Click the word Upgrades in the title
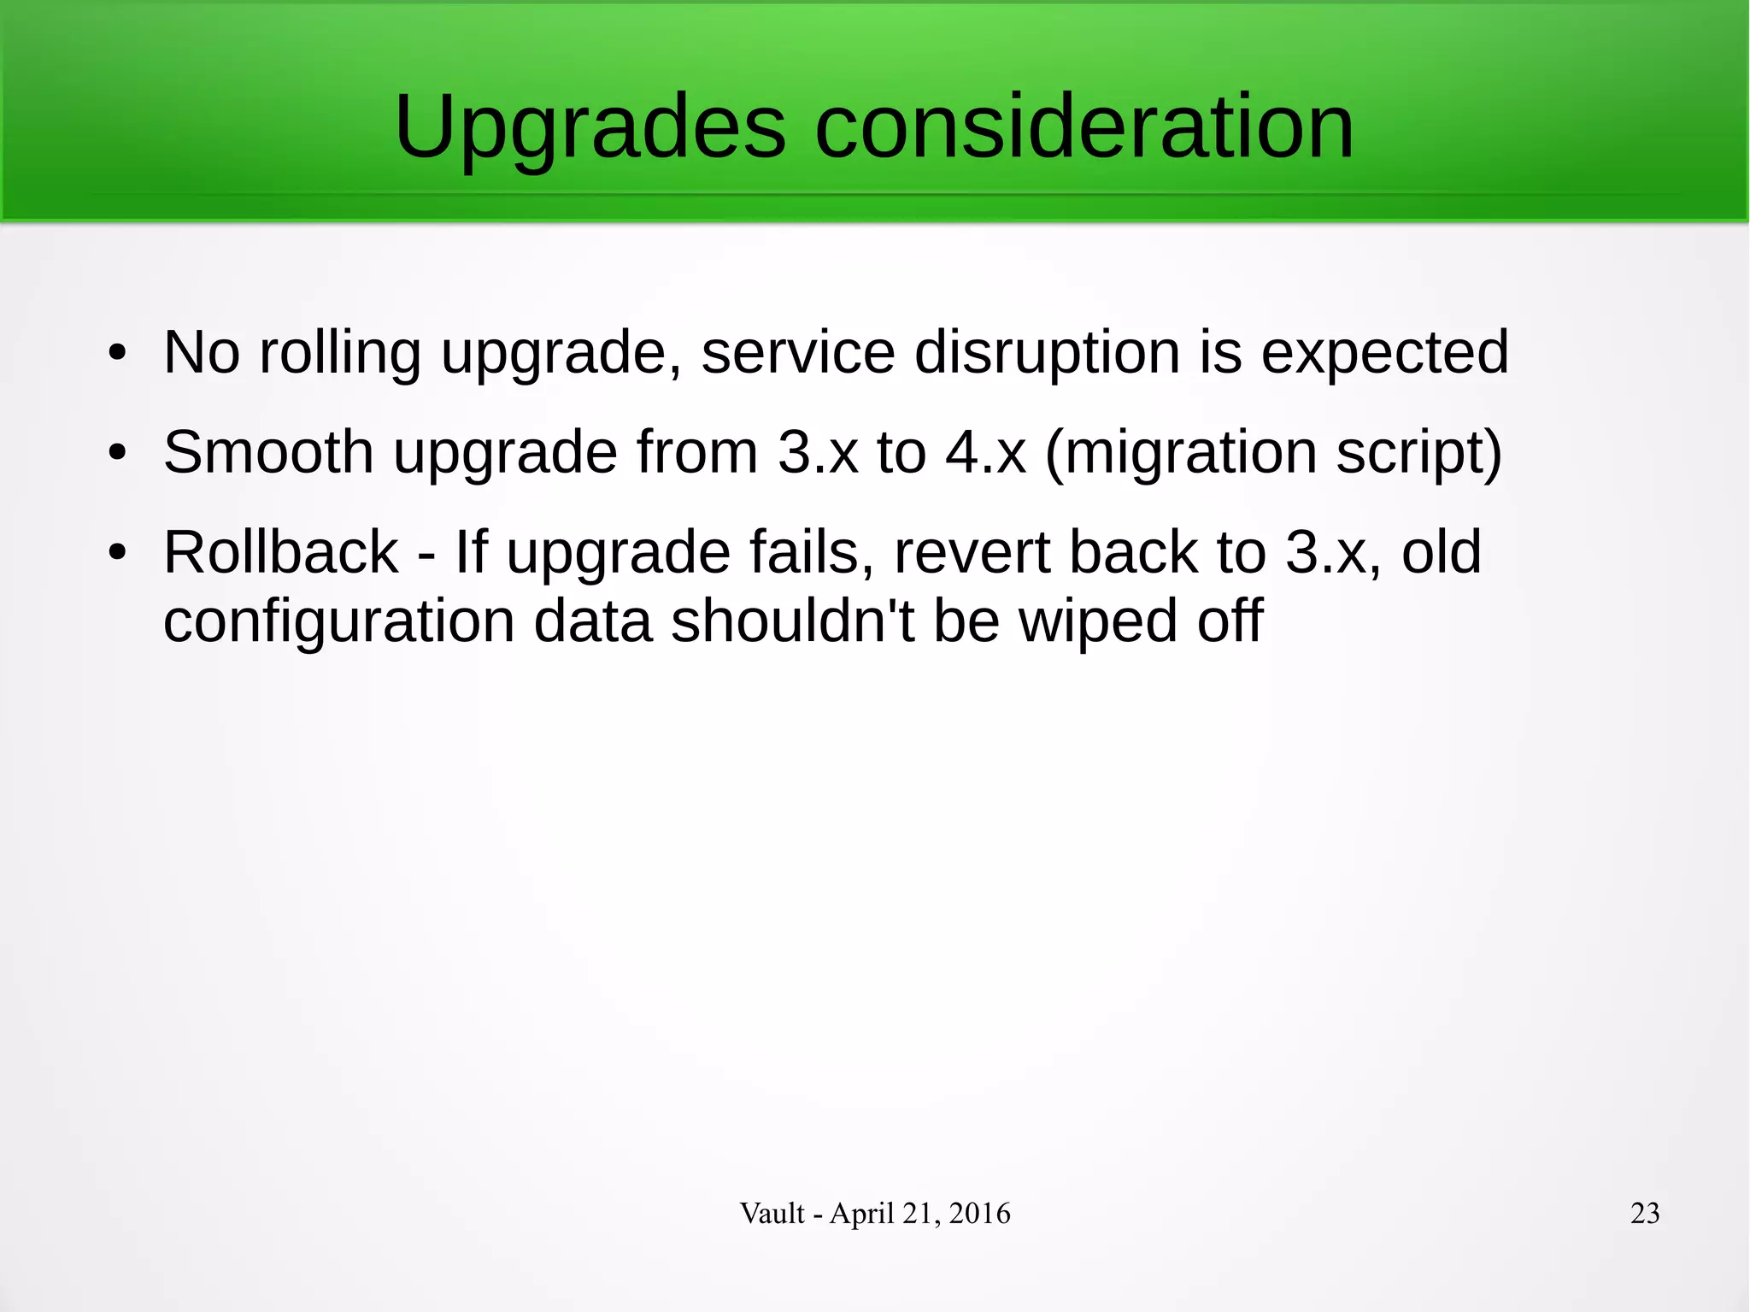pyautogui.click(x=590, y=128)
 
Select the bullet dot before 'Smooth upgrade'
pyautogui.click(x=118, y=452)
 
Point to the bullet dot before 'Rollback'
pyautogui.click(x=118, y=552)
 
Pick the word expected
pyautogui.click(x=1384, y=354)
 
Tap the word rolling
pyautogui.click(x=339, y=354)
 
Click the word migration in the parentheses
pyautogui.click(x=1189, y=453)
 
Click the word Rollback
pyautogui.click(x=281, y=552)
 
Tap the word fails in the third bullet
pyautogui.click(x=812, y=552)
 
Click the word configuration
pyautogui.click(x=338, y=622)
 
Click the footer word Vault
pyautogui.click(x=772, y=1213)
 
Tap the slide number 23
pyautogui.click(x=1645, y=1213)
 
